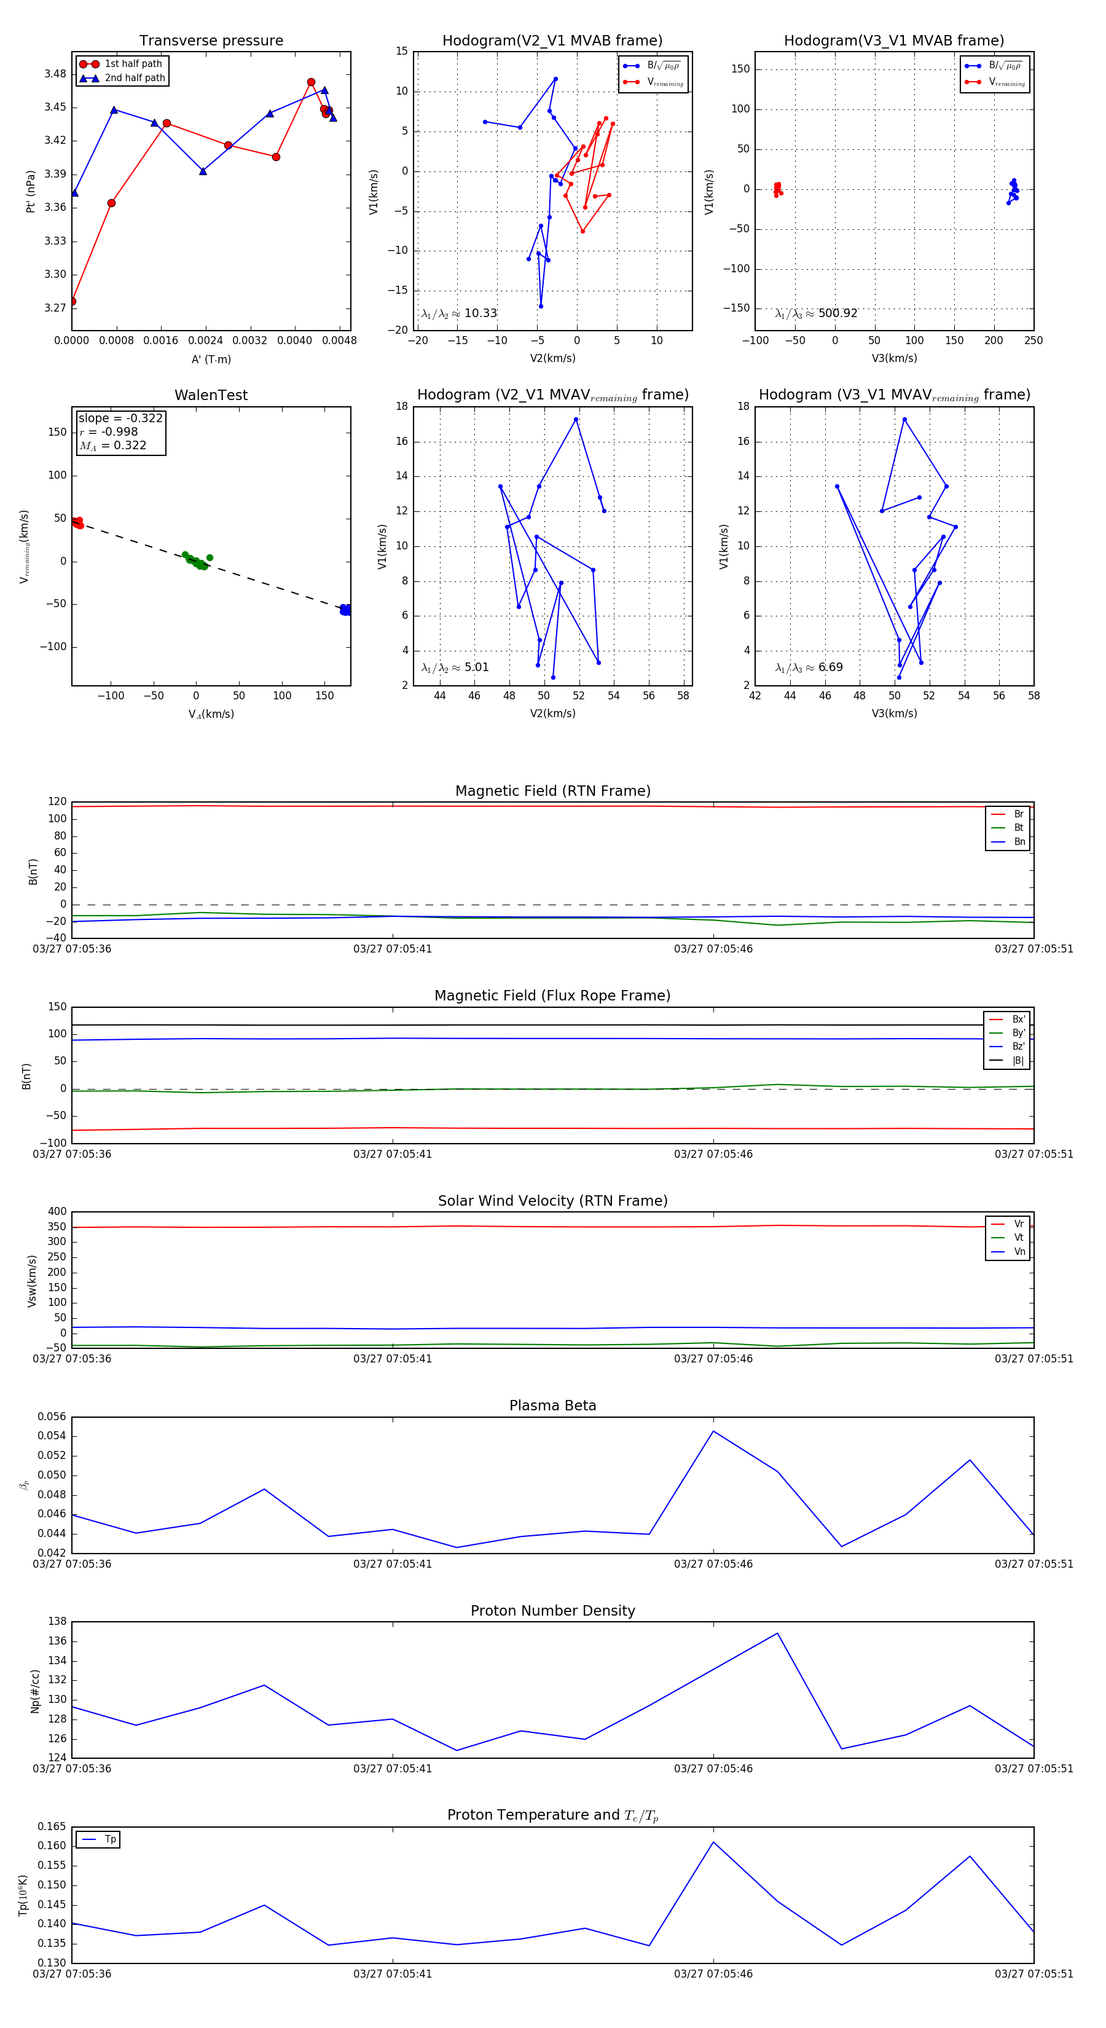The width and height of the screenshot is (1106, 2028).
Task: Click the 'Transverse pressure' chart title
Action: coord(211,41)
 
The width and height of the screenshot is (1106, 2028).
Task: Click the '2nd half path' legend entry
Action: coord(135,78)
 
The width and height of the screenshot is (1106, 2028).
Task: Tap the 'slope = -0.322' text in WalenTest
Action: coord(120,418)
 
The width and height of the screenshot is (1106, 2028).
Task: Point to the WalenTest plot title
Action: coord(211,395)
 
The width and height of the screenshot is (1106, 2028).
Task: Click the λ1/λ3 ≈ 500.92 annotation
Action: coord(817,313)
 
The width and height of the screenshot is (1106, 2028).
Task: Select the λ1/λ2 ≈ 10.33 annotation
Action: coord(459,313)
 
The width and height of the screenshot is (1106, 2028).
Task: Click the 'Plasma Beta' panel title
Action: coord(552,1405)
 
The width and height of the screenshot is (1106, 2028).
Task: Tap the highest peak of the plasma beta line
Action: coord(714,1431)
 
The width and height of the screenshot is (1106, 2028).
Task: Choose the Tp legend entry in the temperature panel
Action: coord(110,1839)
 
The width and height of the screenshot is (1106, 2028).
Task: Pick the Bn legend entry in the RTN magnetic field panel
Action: coord(1019,841)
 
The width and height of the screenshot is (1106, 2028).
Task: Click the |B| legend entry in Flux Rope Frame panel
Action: coord(1018,1061)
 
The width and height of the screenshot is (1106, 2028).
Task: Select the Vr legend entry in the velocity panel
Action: coord(1019,1224)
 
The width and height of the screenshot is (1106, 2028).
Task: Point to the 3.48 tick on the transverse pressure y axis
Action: coord(55,74)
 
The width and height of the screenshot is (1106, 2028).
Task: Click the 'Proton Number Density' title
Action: coord(552,1611)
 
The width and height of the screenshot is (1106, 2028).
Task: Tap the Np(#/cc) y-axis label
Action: coord(34,1691)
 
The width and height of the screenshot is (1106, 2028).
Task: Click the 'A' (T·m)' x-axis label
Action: coord(211,359)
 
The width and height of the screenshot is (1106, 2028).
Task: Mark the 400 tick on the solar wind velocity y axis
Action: coord(57,1212)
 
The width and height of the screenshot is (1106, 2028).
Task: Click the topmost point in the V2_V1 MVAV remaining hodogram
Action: coord(576,420)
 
